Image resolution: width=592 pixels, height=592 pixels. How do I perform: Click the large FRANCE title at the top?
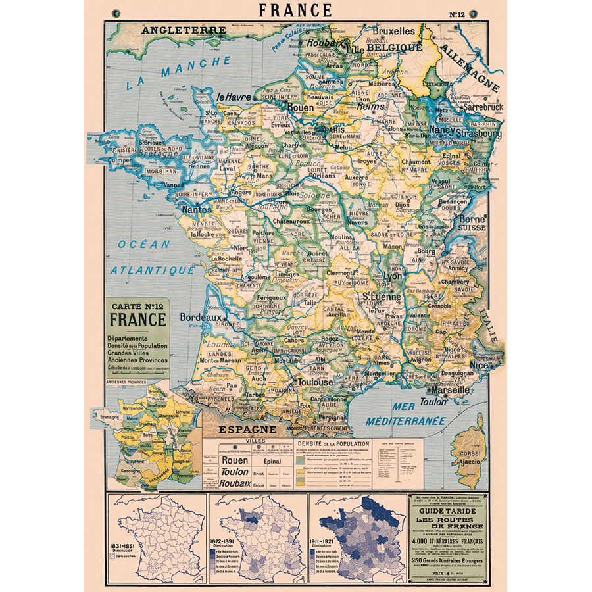(295, 11)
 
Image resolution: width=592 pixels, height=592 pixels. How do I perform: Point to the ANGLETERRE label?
(184, 30)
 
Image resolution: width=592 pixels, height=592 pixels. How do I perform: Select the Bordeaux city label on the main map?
(201, 317)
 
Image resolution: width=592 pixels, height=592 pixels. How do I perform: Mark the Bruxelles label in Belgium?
(393, 31)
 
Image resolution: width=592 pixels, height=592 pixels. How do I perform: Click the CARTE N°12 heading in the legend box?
(137, 308)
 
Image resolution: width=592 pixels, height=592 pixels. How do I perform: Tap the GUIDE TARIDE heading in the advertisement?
(448, 516)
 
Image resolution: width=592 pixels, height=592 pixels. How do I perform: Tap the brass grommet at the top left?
(118, 12)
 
